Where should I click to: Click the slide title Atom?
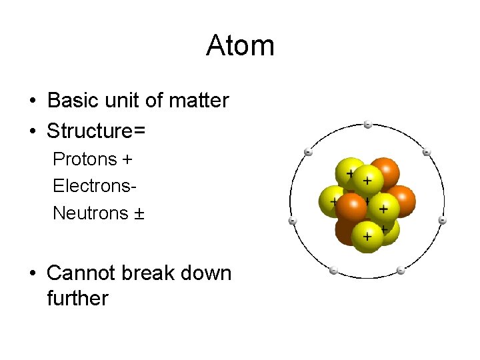point(240,46)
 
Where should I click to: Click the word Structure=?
point(96,131)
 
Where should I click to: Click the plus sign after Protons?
point(127,160)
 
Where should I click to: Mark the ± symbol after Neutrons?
point(139,214)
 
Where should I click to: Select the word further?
point(77,298)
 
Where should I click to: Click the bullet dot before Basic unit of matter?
point(32,101)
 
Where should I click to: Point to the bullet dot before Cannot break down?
point(32,274)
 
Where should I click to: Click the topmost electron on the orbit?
point(367,124)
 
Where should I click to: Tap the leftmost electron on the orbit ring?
point(292,221)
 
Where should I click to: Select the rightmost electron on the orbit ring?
point(442,220)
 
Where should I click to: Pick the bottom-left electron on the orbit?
point(333,271)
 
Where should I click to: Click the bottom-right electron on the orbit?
point(401,271)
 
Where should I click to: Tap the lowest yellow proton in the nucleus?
point(367,236)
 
